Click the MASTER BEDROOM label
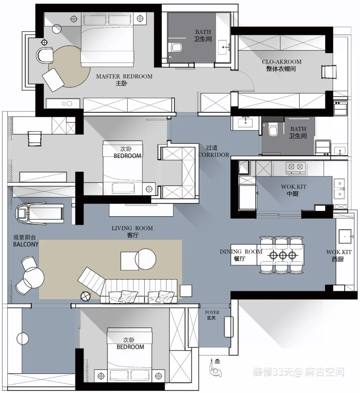coord(124,76)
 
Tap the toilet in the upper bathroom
coord(175,47)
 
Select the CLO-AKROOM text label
coord(282,62)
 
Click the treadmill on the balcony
coord(40,213)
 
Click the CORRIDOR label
coord(214,155)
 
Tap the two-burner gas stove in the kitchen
coord(296,167)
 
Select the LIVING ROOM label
coord(132,228)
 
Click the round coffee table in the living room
coord(145,259)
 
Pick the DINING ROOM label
coord(241,252)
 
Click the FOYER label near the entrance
coord(212,313)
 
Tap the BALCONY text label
coord(26,244)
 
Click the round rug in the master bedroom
coord(69,66)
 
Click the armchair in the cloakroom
coord(329,72)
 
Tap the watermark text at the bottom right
coord(298,372)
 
